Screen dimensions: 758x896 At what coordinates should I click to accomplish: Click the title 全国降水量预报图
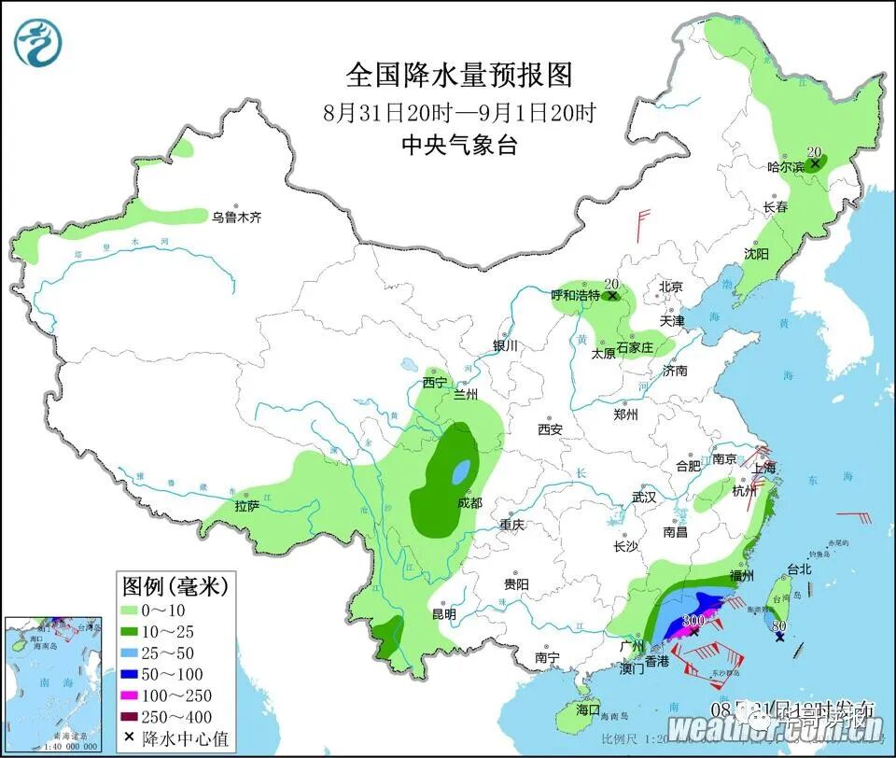point(458,74)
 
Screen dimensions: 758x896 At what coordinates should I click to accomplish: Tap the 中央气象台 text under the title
point(458,145)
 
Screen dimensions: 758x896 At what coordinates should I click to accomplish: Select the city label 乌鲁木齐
point(236,218)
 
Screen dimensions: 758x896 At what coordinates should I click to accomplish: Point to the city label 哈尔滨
point(785,167)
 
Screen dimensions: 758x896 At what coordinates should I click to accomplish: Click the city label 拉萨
point(246,506)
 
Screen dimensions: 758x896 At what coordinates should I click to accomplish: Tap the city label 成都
point(470,502)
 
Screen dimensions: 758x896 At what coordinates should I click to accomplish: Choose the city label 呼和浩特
point(575,295)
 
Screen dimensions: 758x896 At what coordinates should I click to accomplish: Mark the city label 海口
point(587,710)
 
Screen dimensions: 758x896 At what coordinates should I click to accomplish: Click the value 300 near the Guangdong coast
point(693,621)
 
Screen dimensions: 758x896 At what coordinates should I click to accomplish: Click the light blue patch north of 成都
point(461,472)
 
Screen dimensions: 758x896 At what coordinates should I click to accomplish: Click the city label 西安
point(550,429)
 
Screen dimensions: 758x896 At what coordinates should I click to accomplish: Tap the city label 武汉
point(644,498)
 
